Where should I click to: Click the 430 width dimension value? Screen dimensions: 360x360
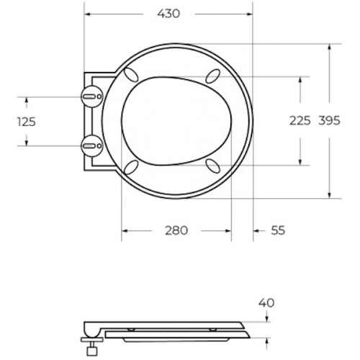[x=168, y=14]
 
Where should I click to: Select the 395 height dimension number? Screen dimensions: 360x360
[x=329, y=120]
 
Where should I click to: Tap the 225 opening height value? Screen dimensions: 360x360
[x=300, y=120]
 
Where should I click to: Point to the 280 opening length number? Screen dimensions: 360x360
[x=176, y=230]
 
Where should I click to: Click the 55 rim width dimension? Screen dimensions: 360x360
[x=278, y=230]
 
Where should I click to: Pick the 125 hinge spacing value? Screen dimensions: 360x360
[x=27, y=122]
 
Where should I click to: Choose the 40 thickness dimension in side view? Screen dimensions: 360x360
[x=266, y=303]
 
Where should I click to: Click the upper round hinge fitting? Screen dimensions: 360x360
[x=92, y=96]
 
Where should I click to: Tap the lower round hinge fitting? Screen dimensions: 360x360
[x=92, y=145]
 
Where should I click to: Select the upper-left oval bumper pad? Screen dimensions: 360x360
[x=130, y=74]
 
